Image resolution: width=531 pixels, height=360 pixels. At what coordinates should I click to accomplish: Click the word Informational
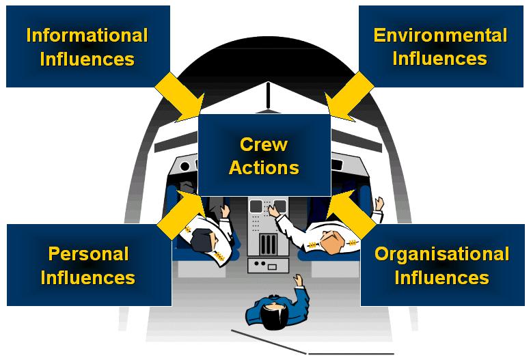click(x=87, y=36)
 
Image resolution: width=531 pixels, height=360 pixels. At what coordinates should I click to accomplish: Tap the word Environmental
click(x=440, y=36)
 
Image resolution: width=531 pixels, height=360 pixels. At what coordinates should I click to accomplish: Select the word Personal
click(x=88, y=254)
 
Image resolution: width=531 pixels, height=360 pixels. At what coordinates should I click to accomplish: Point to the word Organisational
click(x=441, y=254)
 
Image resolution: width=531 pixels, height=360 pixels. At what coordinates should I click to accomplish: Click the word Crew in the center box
click(x=264, y=145)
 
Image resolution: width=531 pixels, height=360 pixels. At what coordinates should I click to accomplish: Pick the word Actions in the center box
click(x=264, y=167)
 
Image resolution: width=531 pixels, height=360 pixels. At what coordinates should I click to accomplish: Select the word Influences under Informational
click(x=87, y=59)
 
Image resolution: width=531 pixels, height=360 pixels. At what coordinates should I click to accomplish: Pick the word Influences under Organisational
click(x=441, y=277)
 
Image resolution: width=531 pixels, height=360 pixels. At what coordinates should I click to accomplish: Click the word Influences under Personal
click(x=88, y=277)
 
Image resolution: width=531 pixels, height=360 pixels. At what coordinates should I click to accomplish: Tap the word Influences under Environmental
click(x=440, y=59)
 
